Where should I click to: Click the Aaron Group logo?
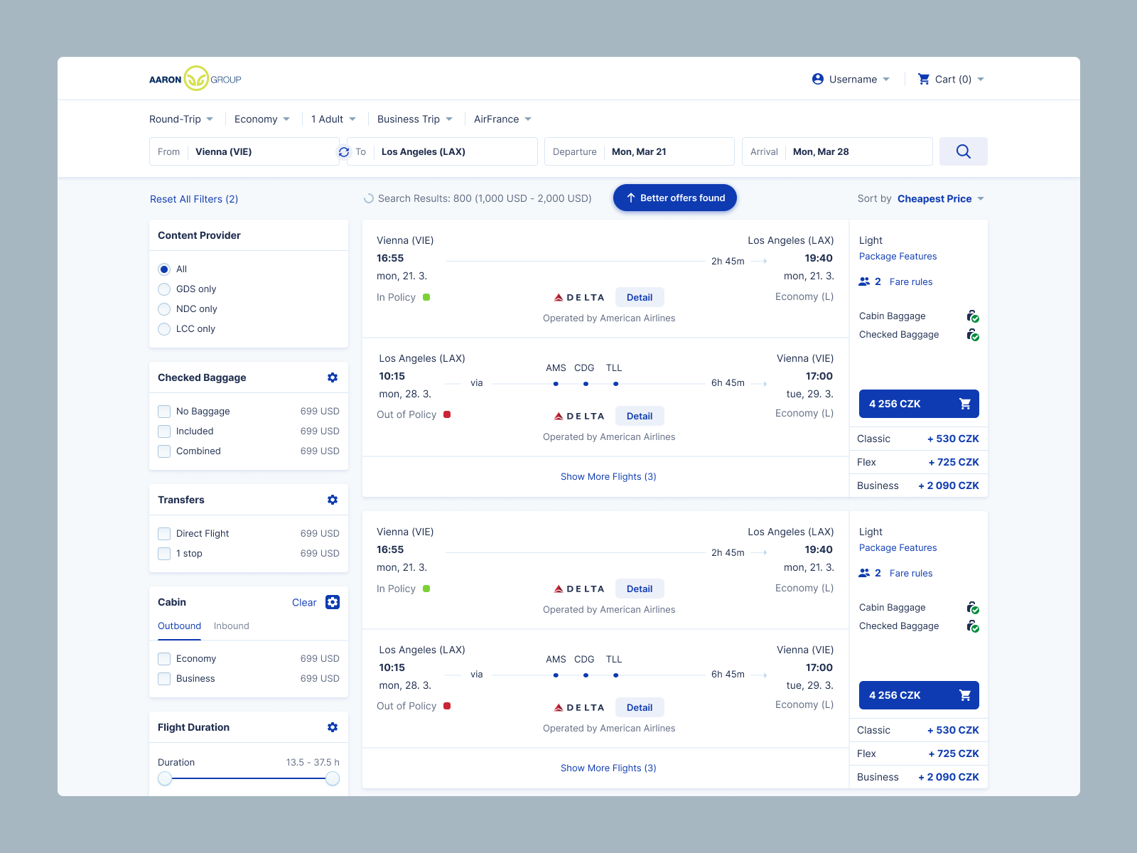(195, 79)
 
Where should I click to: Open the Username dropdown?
(851, 79)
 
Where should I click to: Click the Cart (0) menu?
(951, 79)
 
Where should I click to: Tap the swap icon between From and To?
(344, 151)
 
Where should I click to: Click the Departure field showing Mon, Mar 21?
(639, 151)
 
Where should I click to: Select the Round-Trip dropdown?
(181, 119)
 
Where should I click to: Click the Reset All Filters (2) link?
(194, 199)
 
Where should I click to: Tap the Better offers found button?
(674, 198)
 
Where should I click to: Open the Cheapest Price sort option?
(940, 198)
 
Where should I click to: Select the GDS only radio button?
(164, 289)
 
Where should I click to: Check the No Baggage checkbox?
(164, 412)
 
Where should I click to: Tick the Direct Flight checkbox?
(164, 534)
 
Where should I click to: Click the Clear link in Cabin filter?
(304, 602)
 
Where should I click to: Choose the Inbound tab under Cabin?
(232, 626)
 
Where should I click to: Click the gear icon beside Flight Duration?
(333, 727)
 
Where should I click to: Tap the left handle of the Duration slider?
(165, 778)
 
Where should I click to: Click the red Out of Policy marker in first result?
(447, 414)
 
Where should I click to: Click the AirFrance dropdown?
(502, 119)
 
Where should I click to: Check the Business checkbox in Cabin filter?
(164, 679)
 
